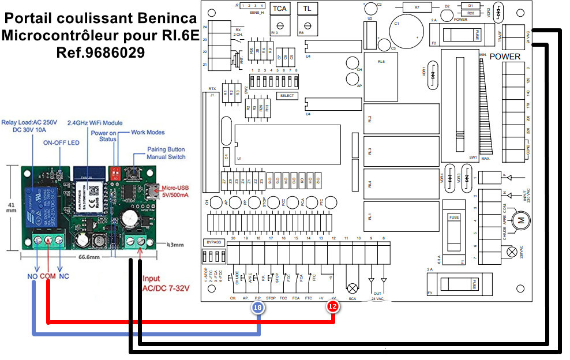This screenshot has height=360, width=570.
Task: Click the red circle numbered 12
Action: point(333,307)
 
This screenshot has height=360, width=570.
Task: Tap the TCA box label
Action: point(279,9)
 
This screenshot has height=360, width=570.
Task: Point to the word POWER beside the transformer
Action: point(505,57)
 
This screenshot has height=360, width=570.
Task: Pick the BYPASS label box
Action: point(212,242)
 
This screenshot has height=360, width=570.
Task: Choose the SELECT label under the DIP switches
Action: point(287,96)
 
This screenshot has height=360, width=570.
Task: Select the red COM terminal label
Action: point(48,276)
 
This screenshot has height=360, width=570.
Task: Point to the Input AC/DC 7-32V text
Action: point(166,283)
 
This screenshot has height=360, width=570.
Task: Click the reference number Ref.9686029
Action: point(100,52)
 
